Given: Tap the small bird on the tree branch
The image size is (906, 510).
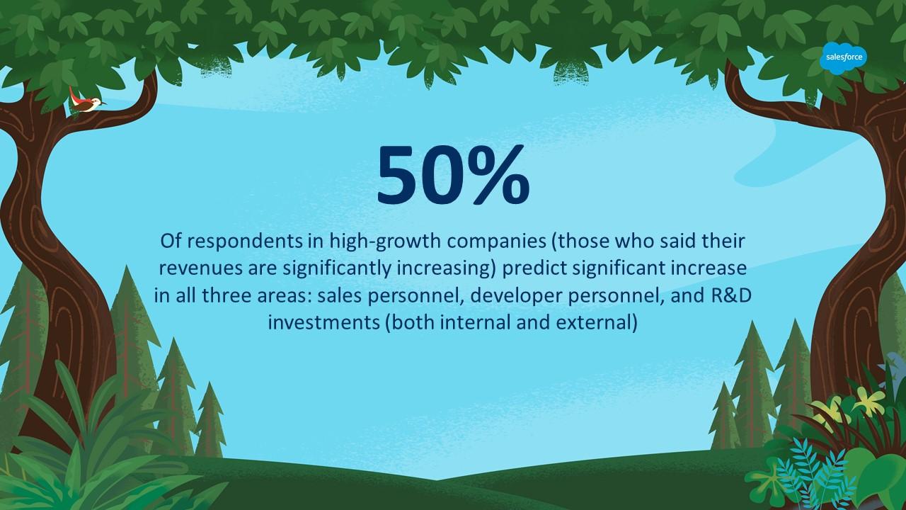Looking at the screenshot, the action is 87,102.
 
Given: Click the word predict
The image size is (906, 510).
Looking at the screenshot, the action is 531,268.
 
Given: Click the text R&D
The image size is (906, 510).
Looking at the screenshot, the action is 730,295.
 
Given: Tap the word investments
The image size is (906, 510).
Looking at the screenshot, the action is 323,323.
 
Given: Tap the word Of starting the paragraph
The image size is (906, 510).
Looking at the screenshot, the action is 171,241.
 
